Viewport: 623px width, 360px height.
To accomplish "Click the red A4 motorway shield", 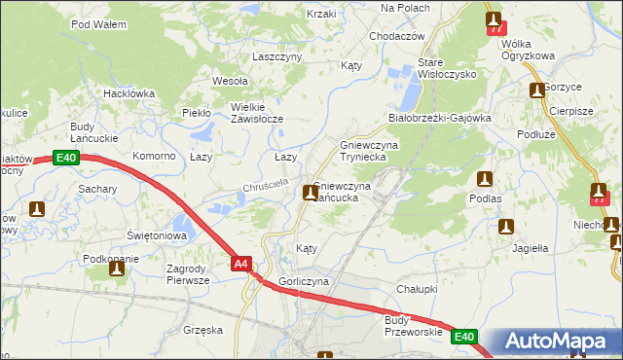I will pos(242,262).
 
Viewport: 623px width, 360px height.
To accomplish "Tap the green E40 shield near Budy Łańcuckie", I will pos(66,158).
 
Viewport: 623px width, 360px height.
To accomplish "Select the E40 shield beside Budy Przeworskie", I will pos(464,337).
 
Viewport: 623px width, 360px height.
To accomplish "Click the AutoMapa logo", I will pos(552,342).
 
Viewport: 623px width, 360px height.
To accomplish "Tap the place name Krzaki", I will pos(321,14).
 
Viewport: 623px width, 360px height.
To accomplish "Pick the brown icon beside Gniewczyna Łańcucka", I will pos(310,192).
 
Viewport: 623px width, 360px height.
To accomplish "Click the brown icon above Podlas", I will pos(485,179).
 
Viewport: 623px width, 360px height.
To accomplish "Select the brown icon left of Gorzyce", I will pos(536,90).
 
